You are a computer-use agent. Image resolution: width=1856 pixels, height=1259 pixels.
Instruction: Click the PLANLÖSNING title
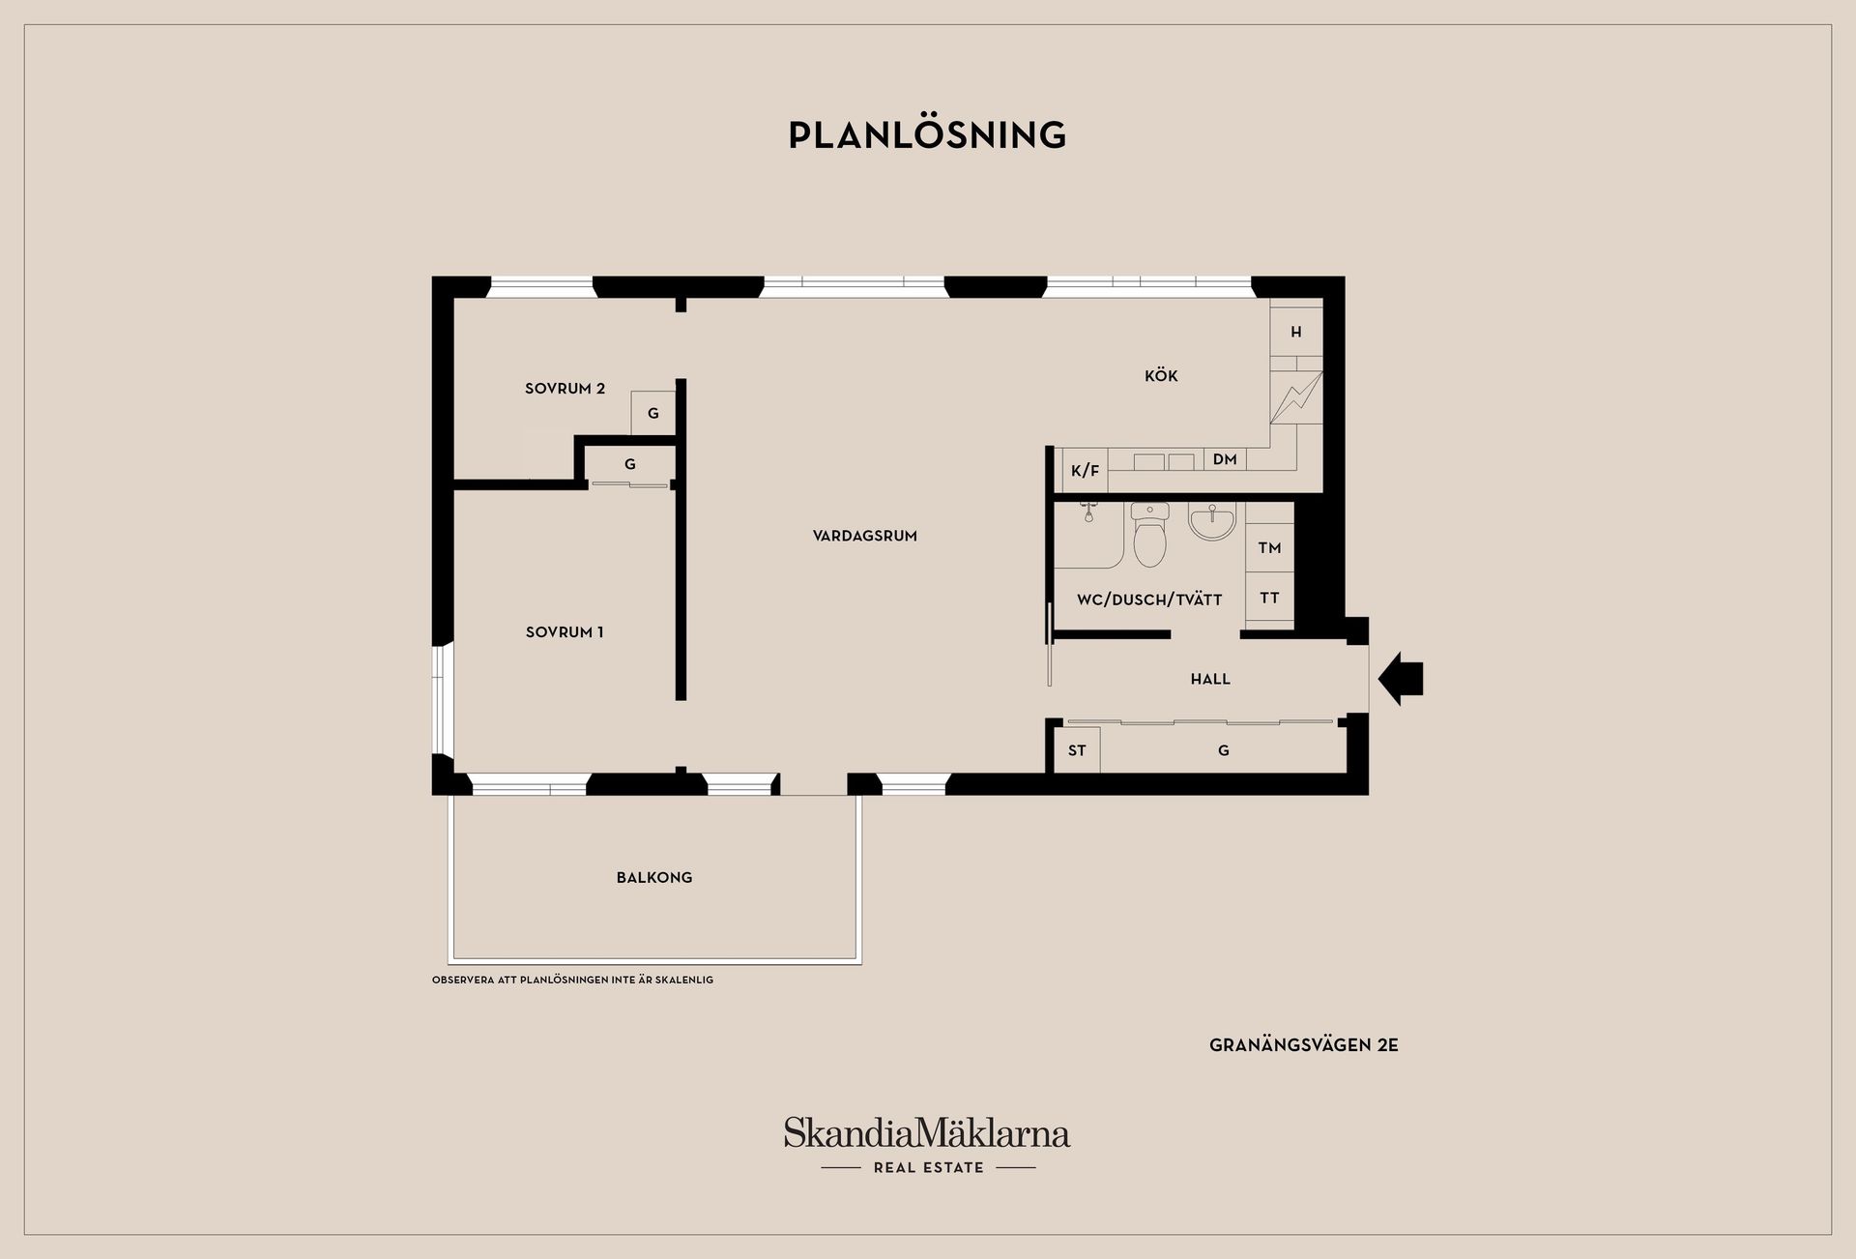pyautogui.click(x=927, y=135)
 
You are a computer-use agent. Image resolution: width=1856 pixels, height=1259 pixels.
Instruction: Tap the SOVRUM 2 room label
pyautogui.click(x=565, y=389)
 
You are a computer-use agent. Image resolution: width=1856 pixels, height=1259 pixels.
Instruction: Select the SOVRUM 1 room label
pyautogui.click(x=565, y=632)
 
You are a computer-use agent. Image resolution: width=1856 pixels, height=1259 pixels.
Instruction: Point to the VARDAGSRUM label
pyautogui.click(x=865, y=536)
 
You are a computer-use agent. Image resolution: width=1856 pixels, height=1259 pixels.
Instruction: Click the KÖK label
pyautogui.click(x=1161, y=376)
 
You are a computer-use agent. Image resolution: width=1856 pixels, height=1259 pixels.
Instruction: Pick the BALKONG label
pyautogui.click(x=654, y=878)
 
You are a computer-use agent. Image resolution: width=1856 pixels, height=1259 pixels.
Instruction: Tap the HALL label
pyautogui.click(x=1210, y=680)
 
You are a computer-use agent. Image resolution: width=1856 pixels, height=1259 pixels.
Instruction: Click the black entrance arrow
pyautogui.click(x=1401, y=679)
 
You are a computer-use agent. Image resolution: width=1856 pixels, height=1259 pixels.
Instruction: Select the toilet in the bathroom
pyautogui.click(x=1149, y=535)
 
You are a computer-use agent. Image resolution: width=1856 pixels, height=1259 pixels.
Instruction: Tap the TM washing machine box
pyautogui.click(x=1269, y=548)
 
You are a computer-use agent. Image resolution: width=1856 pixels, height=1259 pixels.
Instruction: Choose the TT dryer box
pyautogui.click(x=1269, y=599)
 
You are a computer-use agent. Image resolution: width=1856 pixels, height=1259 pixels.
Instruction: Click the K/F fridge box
pyautogui.click(x=1085, y=471)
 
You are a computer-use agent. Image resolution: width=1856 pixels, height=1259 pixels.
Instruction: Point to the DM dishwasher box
pyautogui.click(x=1225, y=459)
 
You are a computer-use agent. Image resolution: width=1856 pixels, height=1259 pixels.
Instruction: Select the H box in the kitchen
pyautogui.click(x=1295, y=332)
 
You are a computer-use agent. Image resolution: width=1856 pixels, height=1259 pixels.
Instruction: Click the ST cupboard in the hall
pyautogui.click(x=1077, y=750)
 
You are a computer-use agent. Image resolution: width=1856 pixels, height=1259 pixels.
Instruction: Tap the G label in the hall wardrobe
pyautogui.click(x=1224, y=750)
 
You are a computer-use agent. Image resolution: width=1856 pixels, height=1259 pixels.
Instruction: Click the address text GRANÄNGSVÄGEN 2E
pyautogui.click(x=1304, y=1045)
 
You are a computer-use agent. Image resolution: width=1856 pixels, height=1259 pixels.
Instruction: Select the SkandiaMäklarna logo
pyautogui.click(x=927, y=1145)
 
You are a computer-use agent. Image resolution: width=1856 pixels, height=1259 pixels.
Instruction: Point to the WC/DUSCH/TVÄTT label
pyautogui.click(x=1149, y=600)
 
